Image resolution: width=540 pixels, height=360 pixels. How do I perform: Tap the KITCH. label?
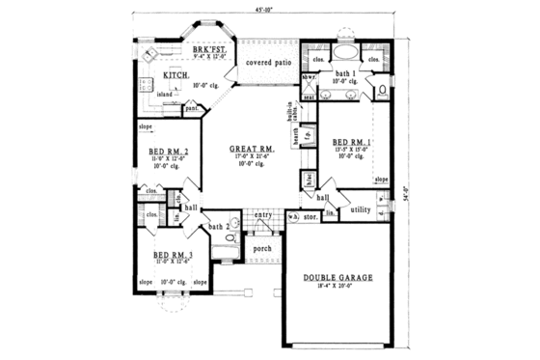(175, 74)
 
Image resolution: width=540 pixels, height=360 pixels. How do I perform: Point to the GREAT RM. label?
(248, 150)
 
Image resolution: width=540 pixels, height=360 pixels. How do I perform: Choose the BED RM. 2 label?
(167, 152)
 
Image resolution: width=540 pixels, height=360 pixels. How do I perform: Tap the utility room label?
(362, 208)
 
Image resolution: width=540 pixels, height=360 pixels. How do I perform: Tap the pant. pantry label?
(193, 108)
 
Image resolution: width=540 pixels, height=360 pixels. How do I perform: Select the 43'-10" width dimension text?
(265, 10)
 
